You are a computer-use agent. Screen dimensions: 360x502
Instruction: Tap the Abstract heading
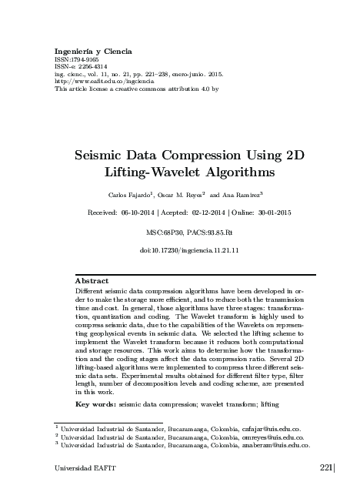coord(93,280)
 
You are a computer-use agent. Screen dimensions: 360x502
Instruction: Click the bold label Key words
coord(95,403)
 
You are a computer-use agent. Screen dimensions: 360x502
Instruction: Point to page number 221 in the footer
coord(324,467)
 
